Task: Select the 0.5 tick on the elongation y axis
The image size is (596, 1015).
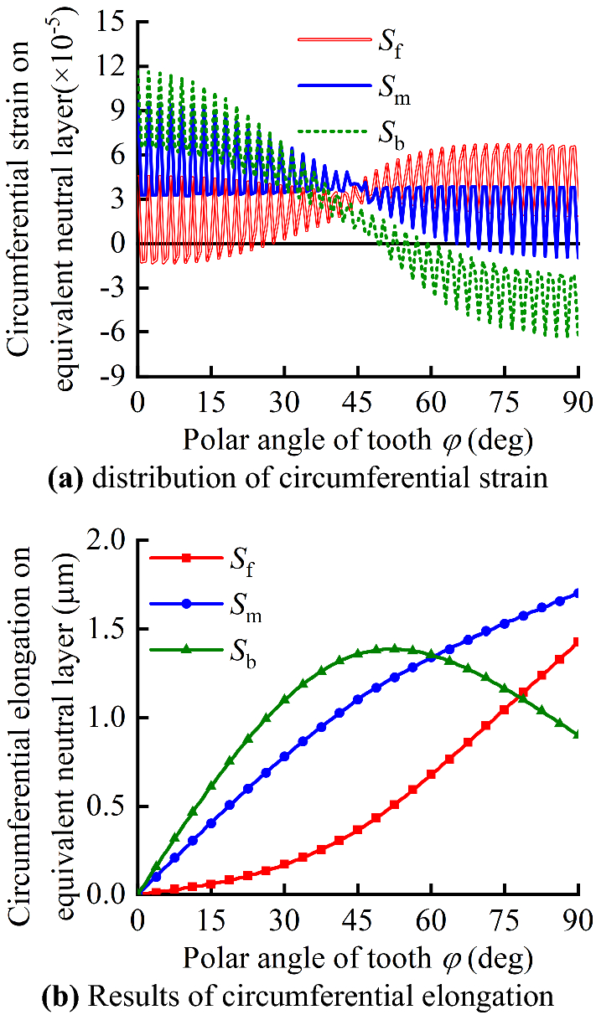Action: click(x=109, y=806)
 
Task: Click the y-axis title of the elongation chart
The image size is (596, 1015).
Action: click(x=38, y=717)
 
